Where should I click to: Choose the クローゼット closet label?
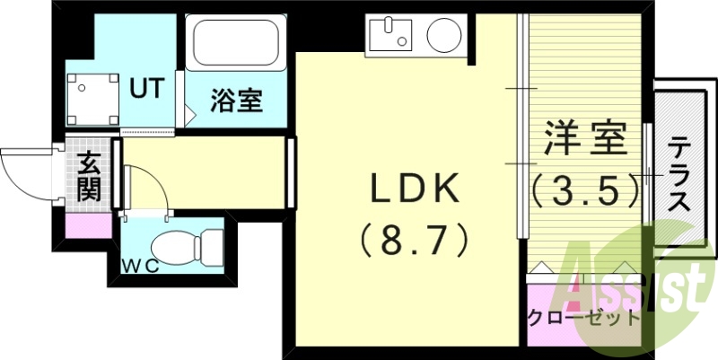coord(583,318)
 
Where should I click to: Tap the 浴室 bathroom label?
coord(237,100)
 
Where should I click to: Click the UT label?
coord(148,88)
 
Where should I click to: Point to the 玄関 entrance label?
coord(90,177)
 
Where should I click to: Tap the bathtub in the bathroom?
coord(235,42)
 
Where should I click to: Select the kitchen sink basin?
coord(387,37)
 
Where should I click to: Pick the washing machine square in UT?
coord(92,98)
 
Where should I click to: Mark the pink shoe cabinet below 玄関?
coord(90,224)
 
